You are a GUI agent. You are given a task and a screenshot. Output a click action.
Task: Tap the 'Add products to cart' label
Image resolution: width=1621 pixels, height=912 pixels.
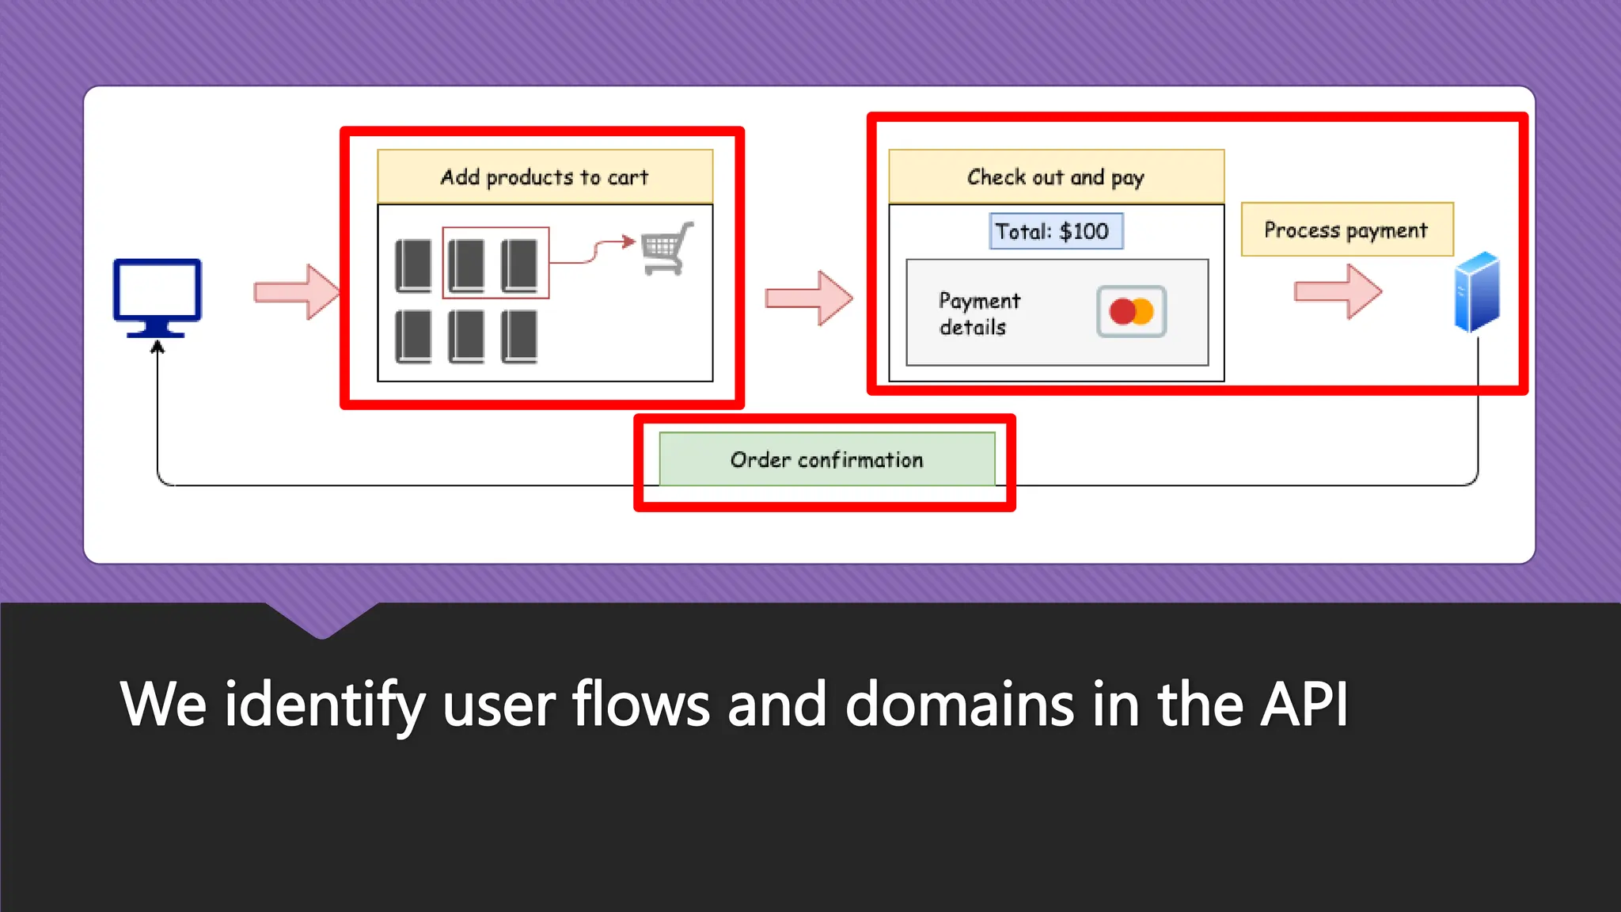click(x=545, y=177)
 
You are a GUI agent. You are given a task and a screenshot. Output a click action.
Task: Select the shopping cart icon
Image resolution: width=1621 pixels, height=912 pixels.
click(x=666, y=249)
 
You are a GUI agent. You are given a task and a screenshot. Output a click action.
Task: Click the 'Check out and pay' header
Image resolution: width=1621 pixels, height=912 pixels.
click(x=1056, y=177)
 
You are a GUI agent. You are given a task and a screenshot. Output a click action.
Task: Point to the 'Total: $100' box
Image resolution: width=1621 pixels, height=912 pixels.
click(x=1056, y=231)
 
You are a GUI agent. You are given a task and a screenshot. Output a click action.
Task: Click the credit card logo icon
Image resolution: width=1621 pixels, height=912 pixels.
click(x=1131, y=312)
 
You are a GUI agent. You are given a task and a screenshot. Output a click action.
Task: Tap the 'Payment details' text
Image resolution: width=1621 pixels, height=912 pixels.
click(x=979, y=313)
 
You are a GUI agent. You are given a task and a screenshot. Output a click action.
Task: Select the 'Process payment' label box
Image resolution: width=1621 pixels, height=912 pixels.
click(x=1346, y=230)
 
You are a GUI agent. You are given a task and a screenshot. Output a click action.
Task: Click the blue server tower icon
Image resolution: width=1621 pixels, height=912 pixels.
click(x=1477, y=291)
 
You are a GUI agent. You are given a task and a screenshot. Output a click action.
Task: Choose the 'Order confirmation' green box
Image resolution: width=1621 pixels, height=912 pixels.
click(x=826, y=459)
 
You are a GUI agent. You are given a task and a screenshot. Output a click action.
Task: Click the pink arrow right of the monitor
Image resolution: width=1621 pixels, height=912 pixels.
click(x=296, y=292)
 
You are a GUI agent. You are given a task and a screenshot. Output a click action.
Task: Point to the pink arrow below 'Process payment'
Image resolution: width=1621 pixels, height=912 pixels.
click(x=1338, y=292)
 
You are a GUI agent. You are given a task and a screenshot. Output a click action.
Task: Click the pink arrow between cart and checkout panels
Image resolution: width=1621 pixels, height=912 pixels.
click(x=809, y=298)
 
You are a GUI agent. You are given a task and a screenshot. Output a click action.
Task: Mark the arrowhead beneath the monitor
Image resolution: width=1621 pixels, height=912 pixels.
click(x=158, y=347)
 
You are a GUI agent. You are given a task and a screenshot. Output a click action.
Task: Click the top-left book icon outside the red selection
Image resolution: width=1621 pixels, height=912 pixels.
click(x=413, y=266)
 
